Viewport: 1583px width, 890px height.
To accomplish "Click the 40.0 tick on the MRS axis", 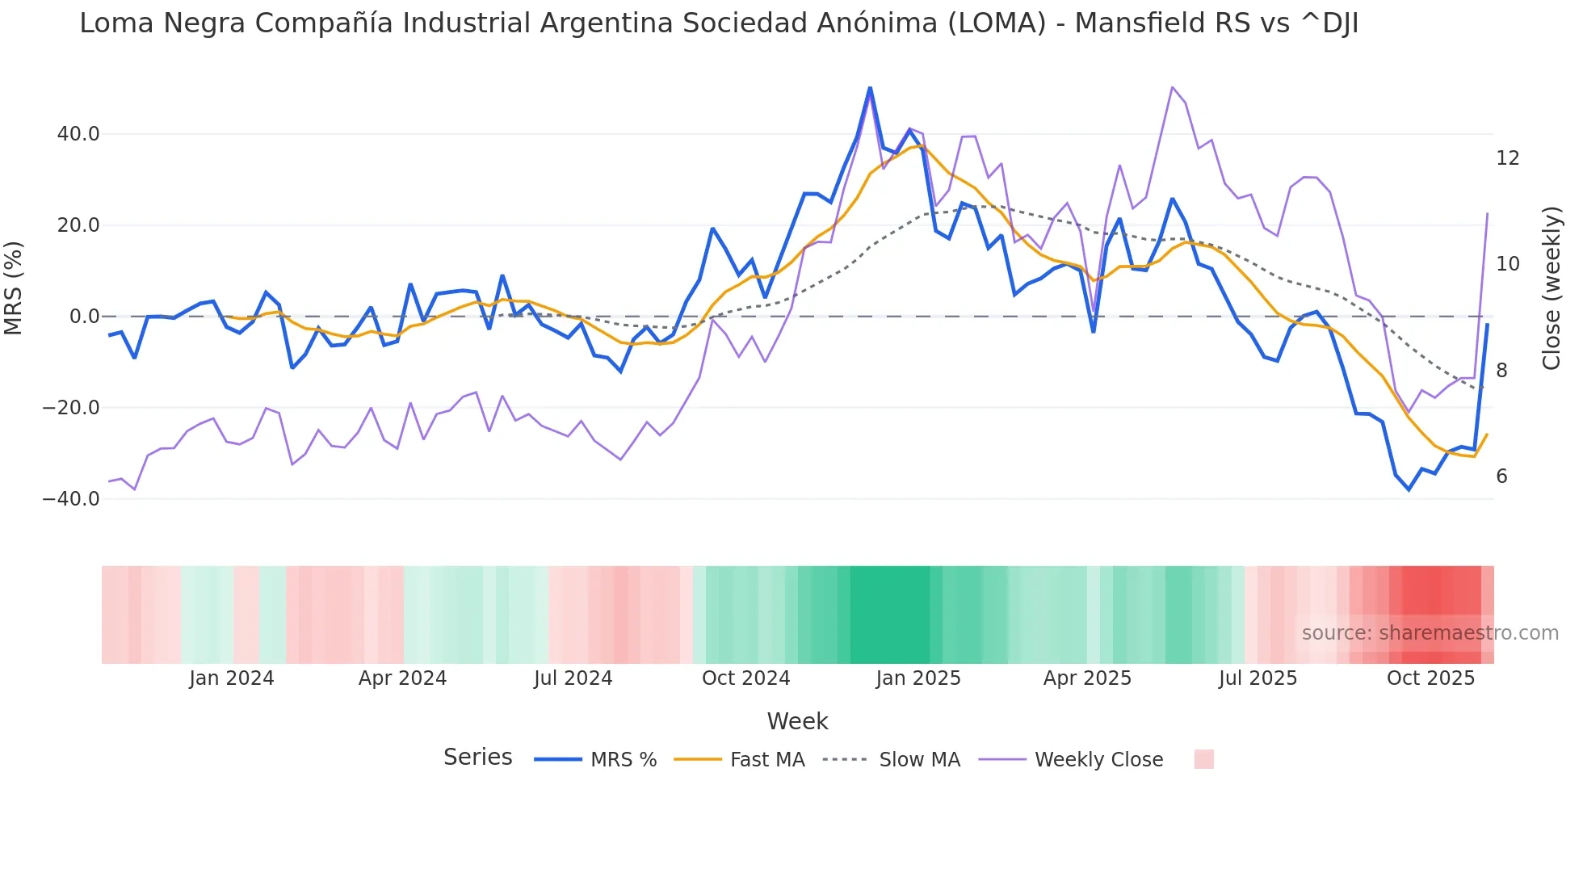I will (78, 134).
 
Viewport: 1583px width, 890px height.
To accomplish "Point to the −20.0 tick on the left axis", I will (71, 408).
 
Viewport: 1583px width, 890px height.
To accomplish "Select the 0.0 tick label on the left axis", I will (84, 317).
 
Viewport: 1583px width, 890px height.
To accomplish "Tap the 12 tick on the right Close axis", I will (1507, 158).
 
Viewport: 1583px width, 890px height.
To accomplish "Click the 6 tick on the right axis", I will (1501, 476).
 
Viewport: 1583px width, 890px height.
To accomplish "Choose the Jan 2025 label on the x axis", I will (917, 678).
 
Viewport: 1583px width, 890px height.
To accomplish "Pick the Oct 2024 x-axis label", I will (745, 678).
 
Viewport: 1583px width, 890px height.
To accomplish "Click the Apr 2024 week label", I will (402, 678).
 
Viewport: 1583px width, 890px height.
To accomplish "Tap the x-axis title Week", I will (797, 721).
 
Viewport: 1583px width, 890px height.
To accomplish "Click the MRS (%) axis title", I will (14, 288).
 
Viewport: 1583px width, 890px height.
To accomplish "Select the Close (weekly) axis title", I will (1551, 288).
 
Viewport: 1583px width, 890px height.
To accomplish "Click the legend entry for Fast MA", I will (766, 760).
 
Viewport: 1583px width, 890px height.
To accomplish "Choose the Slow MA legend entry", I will (919, 760).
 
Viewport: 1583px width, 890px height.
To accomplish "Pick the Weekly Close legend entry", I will (1098, 760).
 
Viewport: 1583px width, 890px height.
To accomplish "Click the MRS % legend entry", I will (623, 760).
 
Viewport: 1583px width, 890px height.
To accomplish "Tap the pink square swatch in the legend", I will (1203, 759).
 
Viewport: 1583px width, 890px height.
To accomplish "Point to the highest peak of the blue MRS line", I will (870, 87).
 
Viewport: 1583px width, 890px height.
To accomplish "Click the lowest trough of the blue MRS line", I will (1409, 489).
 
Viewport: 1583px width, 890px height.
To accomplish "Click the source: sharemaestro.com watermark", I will (1430, 633).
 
